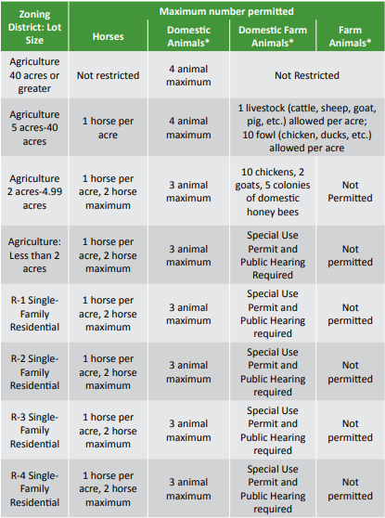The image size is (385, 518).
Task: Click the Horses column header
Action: pyautogui.click(x=109, y=36)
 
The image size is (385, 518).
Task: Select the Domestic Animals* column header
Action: pyautogui.click(x=187, y=36)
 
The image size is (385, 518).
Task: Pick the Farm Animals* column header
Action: pyautogui.click(x=350, y=36)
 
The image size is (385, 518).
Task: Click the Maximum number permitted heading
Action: pyautogui.click(x=226, y=11)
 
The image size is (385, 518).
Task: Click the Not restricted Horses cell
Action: pyautogui.click(x=109, y=75)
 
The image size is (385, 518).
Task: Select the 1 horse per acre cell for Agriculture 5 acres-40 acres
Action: pyautogui.click(x=109, y=128)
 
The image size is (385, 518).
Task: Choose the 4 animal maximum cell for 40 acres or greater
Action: pyautogui.click(x=187, y=75)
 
